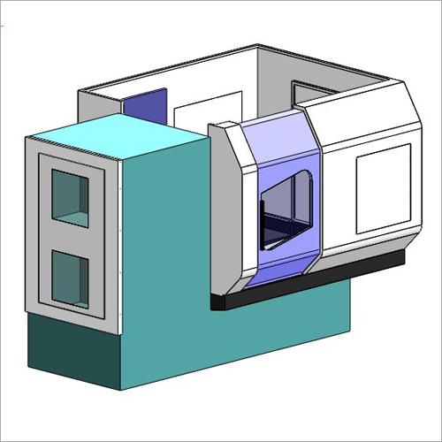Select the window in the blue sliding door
pos(286,208)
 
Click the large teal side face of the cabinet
pos(164,239)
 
